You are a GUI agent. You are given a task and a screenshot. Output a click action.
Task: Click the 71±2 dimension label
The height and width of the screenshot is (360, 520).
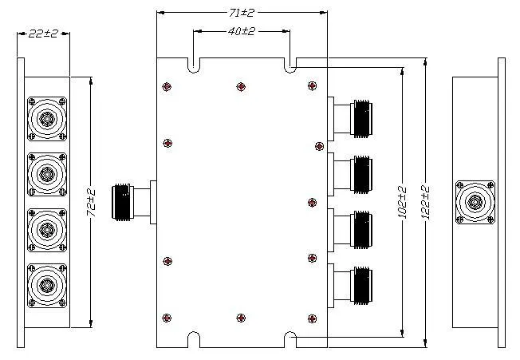pos(242,13)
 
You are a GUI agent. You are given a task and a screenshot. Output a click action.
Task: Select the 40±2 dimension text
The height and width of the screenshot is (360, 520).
pos(242,31)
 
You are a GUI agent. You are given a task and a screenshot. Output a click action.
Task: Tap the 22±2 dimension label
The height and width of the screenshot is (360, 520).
pos(43,34)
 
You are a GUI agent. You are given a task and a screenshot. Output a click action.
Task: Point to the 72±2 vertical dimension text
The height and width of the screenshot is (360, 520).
pos(91,203)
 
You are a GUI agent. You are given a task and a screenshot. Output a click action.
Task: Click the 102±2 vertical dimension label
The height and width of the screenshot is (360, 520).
pos(402,202)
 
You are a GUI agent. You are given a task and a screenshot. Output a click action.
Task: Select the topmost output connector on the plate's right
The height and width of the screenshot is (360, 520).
pos(350,119)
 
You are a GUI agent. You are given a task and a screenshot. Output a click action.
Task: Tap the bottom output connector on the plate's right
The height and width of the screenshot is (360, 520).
pos(350,286)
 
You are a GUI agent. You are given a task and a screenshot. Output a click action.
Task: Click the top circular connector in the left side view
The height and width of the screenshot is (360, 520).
pos(47,119)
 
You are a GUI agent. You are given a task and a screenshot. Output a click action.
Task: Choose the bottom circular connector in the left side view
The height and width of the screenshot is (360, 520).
pos(47,286)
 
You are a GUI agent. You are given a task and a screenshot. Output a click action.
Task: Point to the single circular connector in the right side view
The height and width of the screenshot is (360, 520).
pos(475,202)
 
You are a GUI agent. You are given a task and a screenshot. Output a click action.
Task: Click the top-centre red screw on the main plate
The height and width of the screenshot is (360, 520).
pos(241,87)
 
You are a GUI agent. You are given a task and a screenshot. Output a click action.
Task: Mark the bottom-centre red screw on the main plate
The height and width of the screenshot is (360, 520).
pos(241,318)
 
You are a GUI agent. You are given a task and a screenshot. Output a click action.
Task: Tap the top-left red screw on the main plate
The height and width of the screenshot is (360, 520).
pos(167,87)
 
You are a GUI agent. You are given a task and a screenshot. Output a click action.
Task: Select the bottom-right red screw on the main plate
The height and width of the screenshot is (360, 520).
pos(312,318)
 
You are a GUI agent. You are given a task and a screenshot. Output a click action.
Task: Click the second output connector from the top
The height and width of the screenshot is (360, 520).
pos(350,175)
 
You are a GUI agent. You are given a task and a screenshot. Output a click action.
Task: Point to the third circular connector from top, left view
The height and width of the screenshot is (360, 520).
pos(47,230)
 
